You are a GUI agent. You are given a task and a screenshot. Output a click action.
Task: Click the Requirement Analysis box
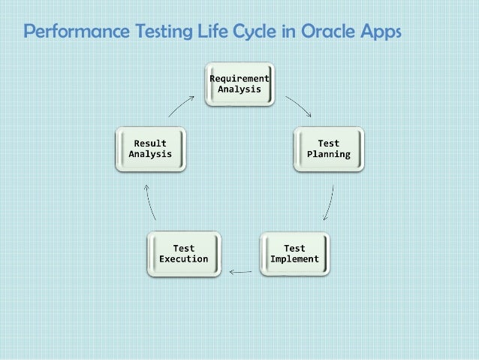pos(239,83)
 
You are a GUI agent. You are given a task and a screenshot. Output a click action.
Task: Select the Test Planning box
pos(328,149)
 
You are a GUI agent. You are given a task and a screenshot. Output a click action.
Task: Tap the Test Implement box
pos(294,254)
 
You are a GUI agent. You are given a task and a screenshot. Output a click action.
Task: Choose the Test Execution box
pos(183,254)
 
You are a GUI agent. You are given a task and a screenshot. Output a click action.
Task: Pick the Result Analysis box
pos(150,149)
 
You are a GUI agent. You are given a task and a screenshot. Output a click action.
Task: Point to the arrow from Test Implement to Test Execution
pos(240,271)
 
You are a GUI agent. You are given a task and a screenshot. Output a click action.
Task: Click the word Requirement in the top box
pos(239,78)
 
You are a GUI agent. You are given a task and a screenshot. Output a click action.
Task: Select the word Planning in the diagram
pos(328,154)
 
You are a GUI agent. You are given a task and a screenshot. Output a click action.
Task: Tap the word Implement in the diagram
pos(294,259)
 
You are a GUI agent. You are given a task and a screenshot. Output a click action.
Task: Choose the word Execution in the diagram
pos(183,259)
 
